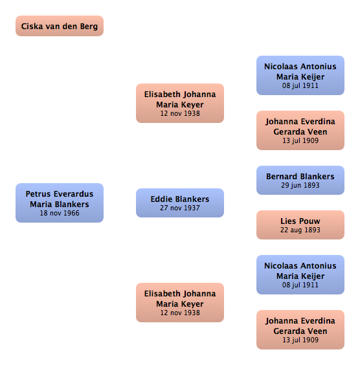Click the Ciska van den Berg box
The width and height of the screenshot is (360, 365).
pyautogui.click(x=60, y=26)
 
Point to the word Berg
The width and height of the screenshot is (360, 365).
pyautogui.click(x=89, y=27)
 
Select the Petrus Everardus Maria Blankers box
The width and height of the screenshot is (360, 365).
pyautogui.click(x=60, y=203)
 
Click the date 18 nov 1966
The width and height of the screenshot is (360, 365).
pyautogui.click(x=60, y=213)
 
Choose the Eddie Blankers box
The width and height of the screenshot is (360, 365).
pyautogui.click(x=180, y=203)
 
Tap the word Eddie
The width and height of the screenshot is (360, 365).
pyautogui.click(x=162, y=199)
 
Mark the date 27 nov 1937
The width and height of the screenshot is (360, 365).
pyautogui.click(x=180, y=208)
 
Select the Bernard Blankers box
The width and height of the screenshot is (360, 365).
pyautogui.click(x=300, y=180)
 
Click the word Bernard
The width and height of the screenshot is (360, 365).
pyautogui.click(x=281, y=177)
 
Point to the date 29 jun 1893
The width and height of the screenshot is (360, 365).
pyautogui.click(x=300, y=185)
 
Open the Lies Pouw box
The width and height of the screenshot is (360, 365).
pyautogui.click(x=300, y=225)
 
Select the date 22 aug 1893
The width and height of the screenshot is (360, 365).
pyautogui.click(x=300, y=230)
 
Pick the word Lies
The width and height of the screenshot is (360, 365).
pyautogui.click(x=289, y=221)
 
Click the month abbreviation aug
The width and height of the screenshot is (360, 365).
pyautogui.click(x=296, y=230)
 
